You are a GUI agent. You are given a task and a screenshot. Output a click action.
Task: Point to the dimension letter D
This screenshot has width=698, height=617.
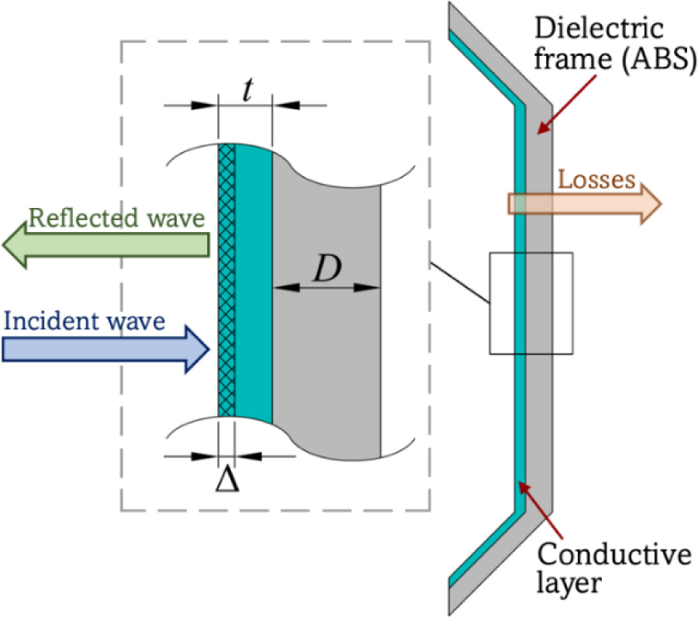327,268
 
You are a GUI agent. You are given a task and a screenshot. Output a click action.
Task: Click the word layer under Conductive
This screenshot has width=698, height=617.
571,582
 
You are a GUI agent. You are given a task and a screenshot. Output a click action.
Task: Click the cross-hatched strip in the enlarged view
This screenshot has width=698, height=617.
226,279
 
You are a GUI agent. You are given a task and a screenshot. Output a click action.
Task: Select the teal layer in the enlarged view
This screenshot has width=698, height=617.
253,279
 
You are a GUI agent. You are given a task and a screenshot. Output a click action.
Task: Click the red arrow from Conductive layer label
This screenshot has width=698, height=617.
535,508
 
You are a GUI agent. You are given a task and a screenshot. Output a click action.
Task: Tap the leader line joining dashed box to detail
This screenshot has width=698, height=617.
459,283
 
